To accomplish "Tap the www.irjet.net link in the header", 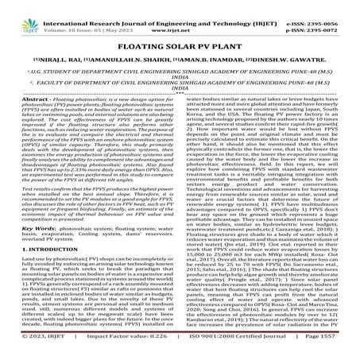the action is click(x=180, y=15).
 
